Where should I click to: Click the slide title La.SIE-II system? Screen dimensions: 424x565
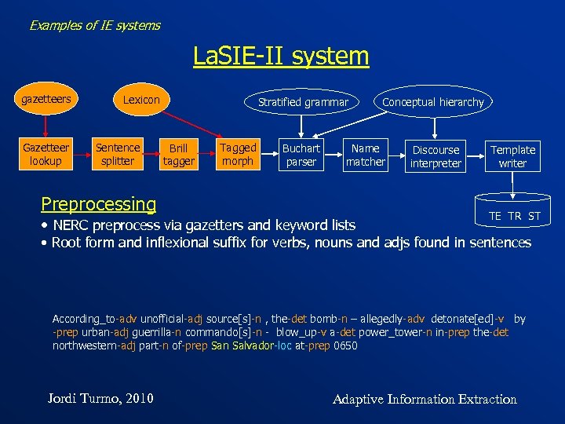(x=281, y=56)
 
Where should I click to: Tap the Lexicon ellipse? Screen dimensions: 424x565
(x=141, y=100)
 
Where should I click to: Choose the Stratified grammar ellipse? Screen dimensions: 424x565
(x=303, y=102)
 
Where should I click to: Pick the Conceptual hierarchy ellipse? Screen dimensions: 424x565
(x=433, y=102)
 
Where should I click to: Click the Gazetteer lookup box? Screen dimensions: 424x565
(x=46, y=154)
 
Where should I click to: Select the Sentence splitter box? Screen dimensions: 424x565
(x=118, y=154)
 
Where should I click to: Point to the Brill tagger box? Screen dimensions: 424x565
(x=179, y=155)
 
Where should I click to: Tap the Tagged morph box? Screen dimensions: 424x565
(x=238, y=154)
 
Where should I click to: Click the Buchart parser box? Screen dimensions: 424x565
(x=301, y=155)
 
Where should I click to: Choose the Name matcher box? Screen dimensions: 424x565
(x=366, y=155)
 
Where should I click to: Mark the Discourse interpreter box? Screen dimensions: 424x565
(x=436, y=156)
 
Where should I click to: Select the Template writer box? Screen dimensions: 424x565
(x=513, y=156)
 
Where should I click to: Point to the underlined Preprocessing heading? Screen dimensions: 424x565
(x=99, y=204)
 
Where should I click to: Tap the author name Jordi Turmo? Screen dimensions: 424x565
(x=100, y=398)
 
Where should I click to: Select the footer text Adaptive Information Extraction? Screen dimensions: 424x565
(x=425, y=399)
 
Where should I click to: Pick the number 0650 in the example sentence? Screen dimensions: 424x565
(x=345, y=345)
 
